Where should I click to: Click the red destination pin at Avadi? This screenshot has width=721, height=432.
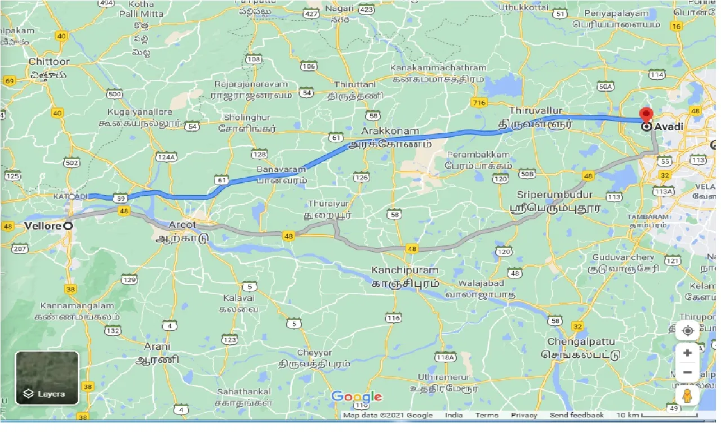coord(646,114)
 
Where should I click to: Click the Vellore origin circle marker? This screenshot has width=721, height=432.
coord(68,226)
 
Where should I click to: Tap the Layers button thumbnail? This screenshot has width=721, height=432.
coord(47,377)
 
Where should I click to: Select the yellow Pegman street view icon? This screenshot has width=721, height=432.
coord(687,395)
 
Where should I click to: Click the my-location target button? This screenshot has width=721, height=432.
coord(687,331)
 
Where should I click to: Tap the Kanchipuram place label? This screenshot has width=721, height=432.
coord(404,271)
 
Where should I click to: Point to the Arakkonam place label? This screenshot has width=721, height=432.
coord(390,131)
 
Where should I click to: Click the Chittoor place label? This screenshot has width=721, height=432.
coord(49,61)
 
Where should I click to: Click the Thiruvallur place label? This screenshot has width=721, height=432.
coord(535,111)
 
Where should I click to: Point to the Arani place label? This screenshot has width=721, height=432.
coord(157,346)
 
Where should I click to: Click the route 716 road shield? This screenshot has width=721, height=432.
coord(479,102)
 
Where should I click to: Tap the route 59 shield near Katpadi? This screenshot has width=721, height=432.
coord(119,198)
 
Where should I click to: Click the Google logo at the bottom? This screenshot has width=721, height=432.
coord(356,397)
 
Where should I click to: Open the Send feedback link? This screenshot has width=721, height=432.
coord(576,415)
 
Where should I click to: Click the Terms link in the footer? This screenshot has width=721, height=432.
coord(486,415)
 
